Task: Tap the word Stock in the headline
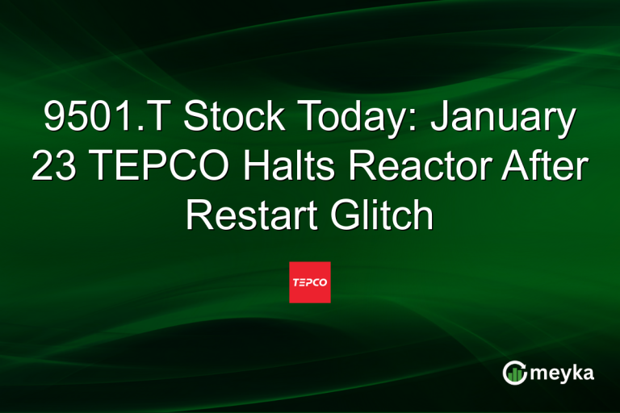coord(235,120)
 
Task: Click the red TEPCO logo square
coord(310,282)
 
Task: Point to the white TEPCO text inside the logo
coord(310,283)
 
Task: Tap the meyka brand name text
coord(563,372)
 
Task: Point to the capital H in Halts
coord(241,168)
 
